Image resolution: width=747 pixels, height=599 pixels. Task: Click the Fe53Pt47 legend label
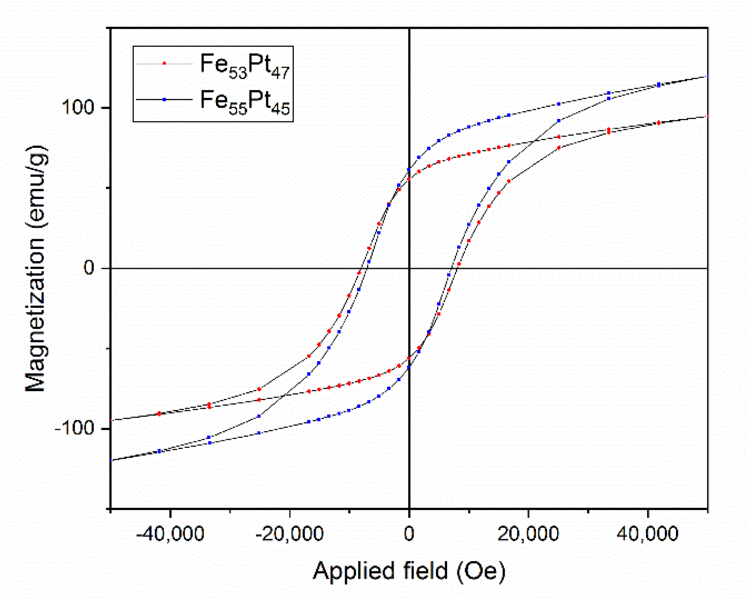click(x=245, y=65)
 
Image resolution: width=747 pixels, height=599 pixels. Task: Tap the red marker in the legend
click(x=164, y=63)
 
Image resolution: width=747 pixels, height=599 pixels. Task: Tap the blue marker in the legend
click(x=164, y=99)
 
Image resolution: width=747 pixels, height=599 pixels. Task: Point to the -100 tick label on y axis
click(x=74, y=428)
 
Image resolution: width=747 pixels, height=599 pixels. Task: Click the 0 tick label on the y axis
click(x=89, y=268)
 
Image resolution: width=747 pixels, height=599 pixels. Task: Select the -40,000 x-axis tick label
click(x=170, y=533)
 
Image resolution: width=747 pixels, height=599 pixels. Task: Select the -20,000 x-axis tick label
click(x=289, y=533)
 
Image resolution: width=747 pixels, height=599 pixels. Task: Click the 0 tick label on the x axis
click(x=409, y=533)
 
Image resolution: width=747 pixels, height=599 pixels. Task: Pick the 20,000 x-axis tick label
click(x=528, y=533)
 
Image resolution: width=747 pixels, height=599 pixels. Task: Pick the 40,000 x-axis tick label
click(x=648, y=533)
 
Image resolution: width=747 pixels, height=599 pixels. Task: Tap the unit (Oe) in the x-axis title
click(x=481, y=570)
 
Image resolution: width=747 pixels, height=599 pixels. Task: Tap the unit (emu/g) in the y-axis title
click(x=35, y=185)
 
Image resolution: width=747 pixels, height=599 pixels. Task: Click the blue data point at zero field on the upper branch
click(x=409, y=170)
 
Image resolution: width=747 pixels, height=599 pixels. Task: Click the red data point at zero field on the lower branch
click(x=409, y=358)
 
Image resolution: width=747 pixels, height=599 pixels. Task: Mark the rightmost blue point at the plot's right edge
click(x=707, y=76)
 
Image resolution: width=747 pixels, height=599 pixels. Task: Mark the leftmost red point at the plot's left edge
click(x=111, y=420)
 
